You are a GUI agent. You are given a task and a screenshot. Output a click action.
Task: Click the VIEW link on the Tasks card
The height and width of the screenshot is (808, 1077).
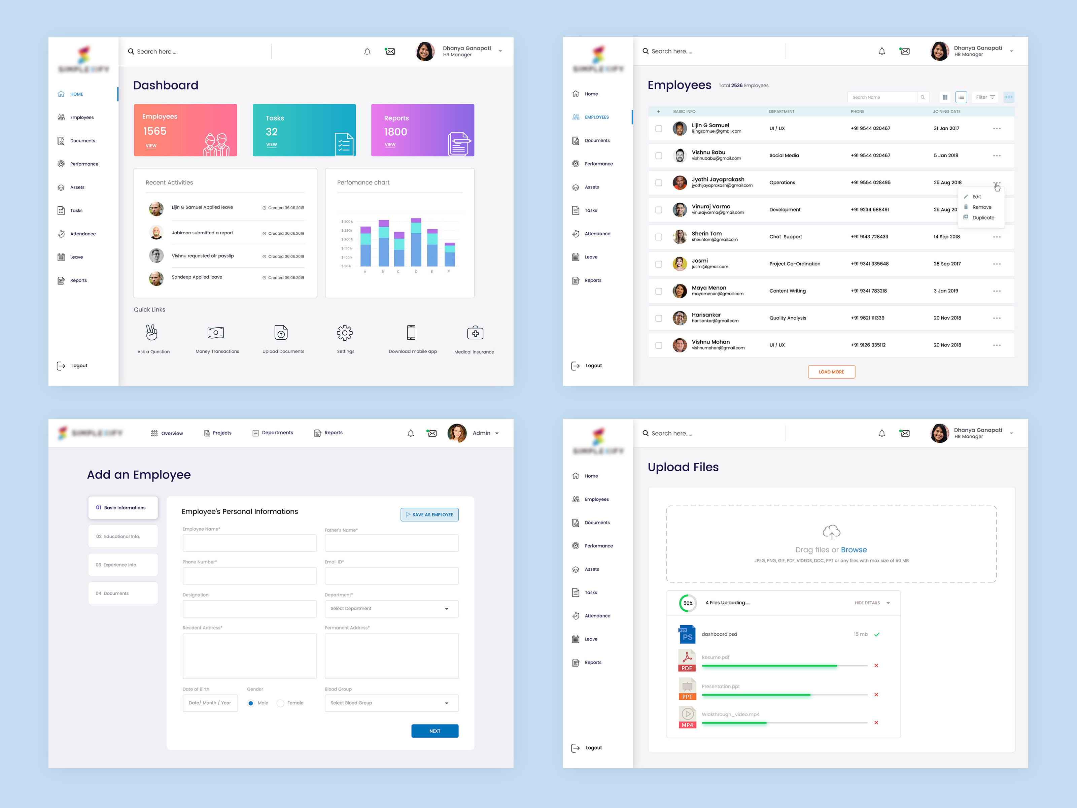(271, 145)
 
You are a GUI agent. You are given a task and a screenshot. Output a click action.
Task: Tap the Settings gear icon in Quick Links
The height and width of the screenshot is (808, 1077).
(345, 333)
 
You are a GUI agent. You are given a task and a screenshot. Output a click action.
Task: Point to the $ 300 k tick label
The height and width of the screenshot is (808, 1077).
(347, 222)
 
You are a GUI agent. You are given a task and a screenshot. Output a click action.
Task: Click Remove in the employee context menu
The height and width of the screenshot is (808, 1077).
(981, 207)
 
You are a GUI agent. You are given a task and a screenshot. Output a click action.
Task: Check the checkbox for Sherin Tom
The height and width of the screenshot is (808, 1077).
(659, 237)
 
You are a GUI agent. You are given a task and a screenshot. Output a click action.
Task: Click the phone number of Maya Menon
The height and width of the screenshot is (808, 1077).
(869, 291)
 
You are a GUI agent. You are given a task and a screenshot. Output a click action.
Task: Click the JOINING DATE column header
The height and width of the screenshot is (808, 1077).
(946, 111)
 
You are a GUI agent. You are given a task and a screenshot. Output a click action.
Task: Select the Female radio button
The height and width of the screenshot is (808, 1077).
(280, 703)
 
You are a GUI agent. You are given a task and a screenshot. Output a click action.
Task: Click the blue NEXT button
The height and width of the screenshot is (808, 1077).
(434, 731)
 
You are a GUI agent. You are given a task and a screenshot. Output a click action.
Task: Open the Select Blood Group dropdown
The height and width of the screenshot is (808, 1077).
(391, 703)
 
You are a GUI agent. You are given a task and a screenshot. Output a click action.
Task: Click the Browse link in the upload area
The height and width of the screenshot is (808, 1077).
(854, 550)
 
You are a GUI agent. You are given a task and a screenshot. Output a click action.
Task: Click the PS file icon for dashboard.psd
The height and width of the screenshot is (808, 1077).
(687, 635)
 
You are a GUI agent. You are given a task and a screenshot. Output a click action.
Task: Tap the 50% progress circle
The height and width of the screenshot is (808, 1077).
(688, 603)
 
